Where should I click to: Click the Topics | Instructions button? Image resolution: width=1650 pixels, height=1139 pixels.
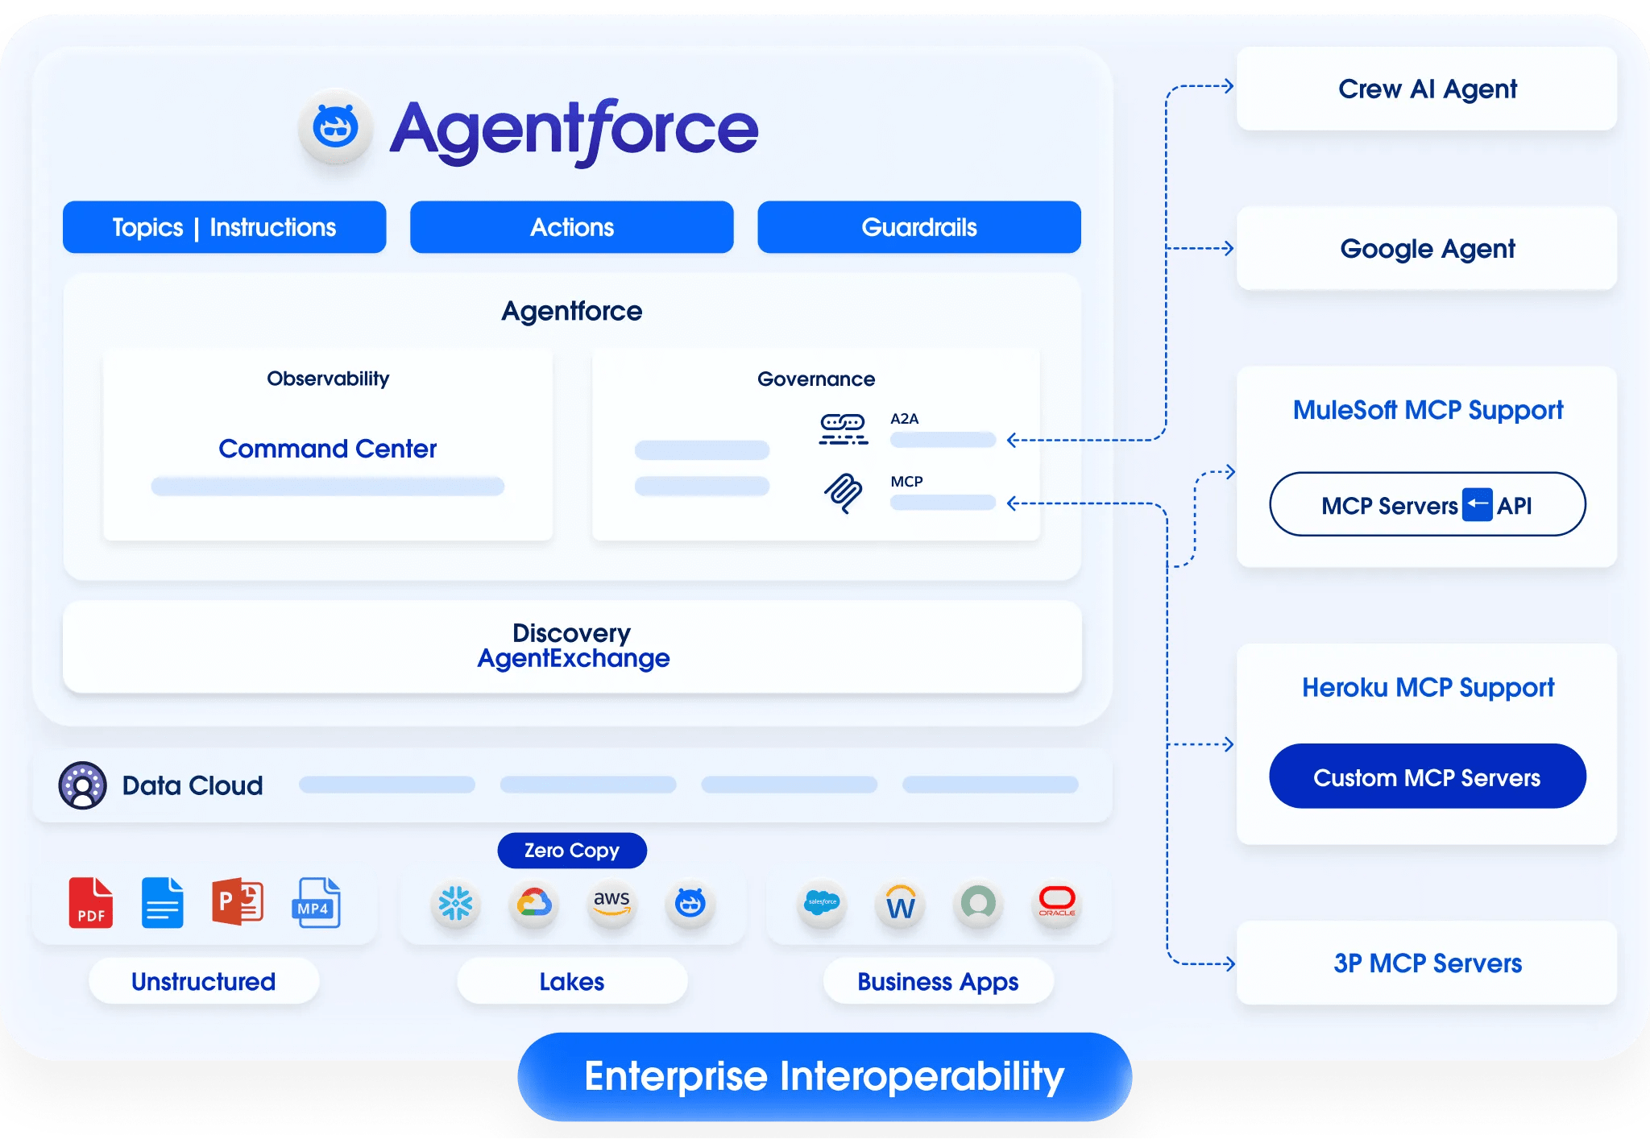coord(224,227)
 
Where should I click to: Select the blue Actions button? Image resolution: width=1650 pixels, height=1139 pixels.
coord(571,227)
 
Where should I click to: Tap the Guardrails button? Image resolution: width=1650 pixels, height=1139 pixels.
coord(918,227)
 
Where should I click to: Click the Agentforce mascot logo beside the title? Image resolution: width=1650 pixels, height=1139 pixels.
coord(335,127)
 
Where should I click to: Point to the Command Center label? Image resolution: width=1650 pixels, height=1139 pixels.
coord(327,449)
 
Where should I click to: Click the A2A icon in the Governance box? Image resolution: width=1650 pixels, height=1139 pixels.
coord(843,429)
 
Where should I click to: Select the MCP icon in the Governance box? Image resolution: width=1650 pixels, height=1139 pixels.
coord(843,492)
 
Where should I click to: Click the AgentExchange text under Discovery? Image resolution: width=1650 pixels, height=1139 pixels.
coord(573,659)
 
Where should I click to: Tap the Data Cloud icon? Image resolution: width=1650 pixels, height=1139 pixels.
coord(82,785)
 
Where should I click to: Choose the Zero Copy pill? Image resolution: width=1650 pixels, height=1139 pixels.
coord(571,851)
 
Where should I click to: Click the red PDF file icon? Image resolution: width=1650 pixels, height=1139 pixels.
coord(90,903)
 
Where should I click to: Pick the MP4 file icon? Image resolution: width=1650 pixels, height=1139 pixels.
coord(315,903)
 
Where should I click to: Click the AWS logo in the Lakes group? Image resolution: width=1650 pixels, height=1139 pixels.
coord(611,903)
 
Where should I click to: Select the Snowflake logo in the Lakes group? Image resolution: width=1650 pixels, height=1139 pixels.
coord(455,904)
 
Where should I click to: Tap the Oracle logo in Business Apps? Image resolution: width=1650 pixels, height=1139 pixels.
coord(1056,902)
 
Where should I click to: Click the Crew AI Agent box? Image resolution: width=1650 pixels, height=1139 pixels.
coord(1426,89)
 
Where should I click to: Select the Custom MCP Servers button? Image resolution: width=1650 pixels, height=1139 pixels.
coord(1426,777)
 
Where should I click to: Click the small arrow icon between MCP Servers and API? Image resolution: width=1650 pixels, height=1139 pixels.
coord(1477,505)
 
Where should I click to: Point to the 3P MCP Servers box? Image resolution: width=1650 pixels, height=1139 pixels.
coord(1426,963)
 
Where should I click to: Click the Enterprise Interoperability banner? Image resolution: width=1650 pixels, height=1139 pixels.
coord(823,1077)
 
